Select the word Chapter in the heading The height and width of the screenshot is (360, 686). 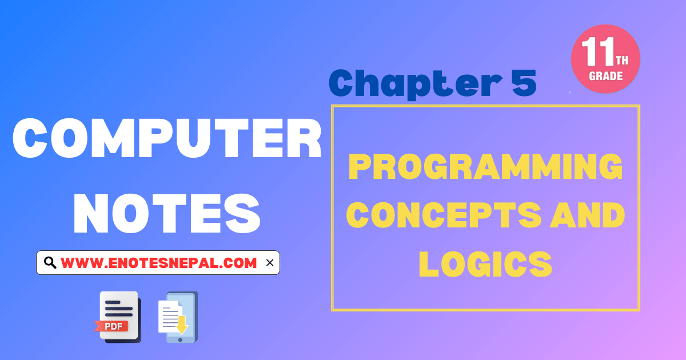404,83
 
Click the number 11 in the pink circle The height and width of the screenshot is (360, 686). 598,57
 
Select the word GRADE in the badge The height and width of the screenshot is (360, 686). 605,75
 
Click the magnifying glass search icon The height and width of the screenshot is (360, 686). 50,263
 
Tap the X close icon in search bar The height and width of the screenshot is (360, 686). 270,263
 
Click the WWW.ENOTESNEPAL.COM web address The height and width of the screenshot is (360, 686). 159,263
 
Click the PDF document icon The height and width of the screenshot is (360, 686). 118,316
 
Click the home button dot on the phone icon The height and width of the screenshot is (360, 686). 181,339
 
